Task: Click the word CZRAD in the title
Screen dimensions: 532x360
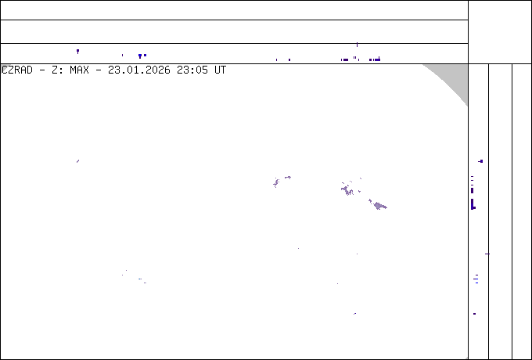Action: coord(17,70)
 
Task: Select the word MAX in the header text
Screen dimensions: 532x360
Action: coord(79,70)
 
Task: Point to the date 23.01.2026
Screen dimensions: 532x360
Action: coord(139,70)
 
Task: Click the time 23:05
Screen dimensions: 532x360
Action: coord(192,70)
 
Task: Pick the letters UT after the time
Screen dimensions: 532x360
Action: coord(220,70)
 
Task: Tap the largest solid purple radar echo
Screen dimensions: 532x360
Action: coord(379,206)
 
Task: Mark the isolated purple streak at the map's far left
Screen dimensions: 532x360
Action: coord(77,161)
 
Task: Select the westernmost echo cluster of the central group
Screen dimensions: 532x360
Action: coord(276,182)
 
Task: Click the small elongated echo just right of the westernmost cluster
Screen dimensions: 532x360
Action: coord(288,177)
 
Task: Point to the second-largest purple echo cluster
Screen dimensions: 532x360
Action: coord(347,190)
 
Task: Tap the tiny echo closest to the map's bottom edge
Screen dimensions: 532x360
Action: coord(355,314)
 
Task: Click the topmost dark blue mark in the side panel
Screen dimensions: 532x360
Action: coord(480,161)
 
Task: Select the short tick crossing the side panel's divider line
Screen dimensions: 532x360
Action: coord(487,254)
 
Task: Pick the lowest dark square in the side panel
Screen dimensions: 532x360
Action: coord(474,314)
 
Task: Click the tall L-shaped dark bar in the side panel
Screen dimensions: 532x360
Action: coord(473,204)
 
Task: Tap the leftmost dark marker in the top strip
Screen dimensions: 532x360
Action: coord(77,51)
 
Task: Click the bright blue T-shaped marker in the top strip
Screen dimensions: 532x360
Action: coord(140,56)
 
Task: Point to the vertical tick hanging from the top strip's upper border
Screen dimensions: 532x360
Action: coord(357,45)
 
